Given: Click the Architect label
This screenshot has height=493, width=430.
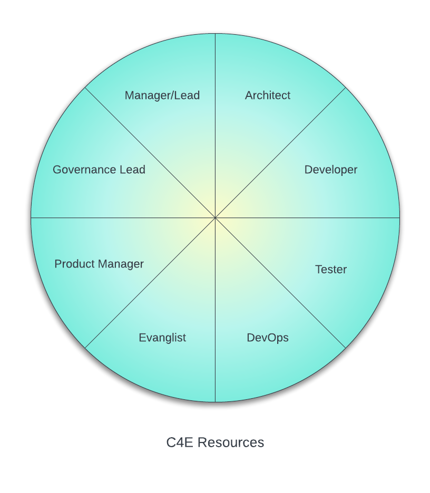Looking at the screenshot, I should (x=268, y=95).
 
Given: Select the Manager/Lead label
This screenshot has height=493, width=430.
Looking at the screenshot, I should (x=162, y=95).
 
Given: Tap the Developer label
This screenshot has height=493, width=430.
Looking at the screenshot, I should (x=331, y=170).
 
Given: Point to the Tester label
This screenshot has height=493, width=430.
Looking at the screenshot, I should (x=331, y=269).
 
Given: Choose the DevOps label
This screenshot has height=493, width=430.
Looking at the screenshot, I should (x=268, y=338).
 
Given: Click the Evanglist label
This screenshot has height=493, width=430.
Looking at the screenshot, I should (x=162, y=338).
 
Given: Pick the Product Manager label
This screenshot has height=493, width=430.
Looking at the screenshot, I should (x=99, y=264).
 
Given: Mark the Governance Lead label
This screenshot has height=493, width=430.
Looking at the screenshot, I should (x=99, y=170).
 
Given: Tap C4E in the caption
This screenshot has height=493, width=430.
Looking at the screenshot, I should (x=180, y=442).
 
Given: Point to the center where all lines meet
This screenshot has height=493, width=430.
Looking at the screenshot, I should (x=215, y=218).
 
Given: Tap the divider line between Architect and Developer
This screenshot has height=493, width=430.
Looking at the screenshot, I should (x=279, y=153).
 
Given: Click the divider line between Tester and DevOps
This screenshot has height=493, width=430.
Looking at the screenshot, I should (x=279, y=282).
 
